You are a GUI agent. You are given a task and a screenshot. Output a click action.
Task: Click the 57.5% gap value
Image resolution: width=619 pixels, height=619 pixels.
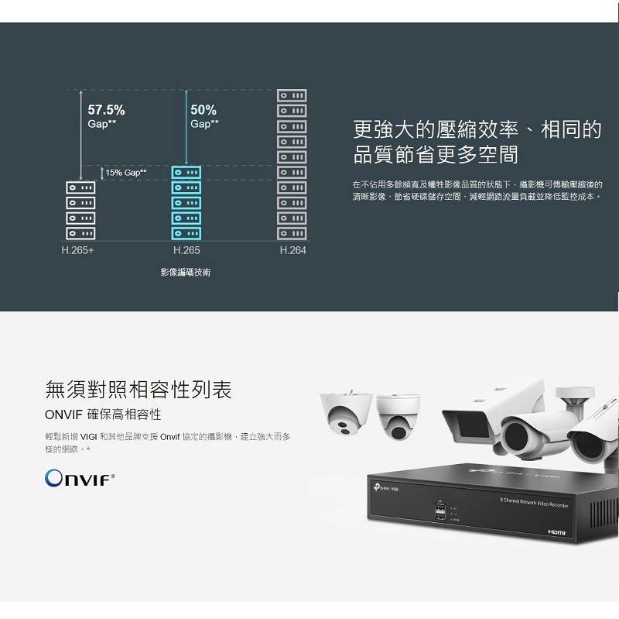[x=106, y=110]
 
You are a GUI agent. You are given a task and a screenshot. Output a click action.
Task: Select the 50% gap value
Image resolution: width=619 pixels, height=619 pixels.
[x=203, y=110]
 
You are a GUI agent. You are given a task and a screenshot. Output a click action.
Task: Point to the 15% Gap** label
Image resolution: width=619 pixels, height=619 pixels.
[x=126, y=172]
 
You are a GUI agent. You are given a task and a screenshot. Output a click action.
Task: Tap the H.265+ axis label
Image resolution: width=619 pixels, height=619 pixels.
[x=78, y=251]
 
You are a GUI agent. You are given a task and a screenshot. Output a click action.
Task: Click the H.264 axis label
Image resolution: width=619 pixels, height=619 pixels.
[x=292, y=251]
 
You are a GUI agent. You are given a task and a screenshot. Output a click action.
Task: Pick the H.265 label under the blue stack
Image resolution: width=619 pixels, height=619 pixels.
[x=186, y=251]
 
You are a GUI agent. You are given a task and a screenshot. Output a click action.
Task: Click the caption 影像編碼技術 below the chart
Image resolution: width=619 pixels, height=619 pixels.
[x=186, y=273]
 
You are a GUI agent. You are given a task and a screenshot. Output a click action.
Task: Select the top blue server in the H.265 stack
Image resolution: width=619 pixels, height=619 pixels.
[x=186, y=172]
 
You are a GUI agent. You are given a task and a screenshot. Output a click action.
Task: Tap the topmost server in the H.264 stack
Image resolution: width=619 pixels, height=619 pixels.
[x=292, y=95]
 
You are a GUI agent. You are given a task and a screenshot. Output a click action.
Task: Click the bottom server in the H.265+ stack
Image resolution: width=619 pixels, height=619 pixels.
[x=80, y=233]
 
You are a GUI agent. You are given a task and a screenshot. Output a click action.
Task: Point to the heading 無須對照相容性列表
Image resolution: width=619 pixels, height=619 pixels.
[x=139, y=388]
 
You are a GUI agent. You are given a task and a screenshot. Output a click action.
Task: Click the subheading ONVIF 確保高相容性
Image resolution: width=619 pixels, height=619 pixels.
[x=103, y=415]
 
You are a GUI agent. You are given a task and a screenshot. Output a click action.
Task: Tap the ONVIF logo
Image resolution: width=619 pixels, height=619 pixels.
[x=80, y=476]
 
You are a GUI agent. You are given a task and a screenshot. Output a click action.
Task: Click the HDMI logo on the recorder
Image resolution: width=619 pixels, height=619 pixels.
[x=557, y=533]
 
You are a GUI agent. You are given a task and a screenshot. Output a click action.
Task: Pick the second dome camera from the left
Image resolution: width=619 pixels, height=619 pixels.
[x=399, y=414]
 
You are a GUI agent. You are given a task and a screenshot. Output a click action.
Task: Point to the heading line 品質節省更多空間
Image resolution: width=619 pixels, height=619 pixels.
[x=436, y=153]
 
